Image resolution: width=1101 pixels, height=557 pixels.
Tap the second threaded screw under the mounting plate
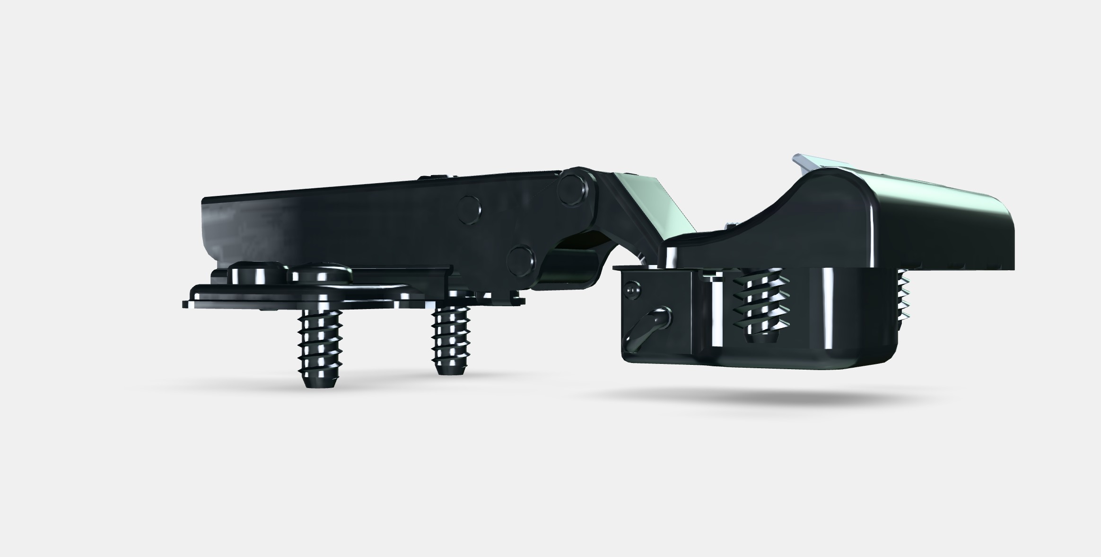click(451, 338)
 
